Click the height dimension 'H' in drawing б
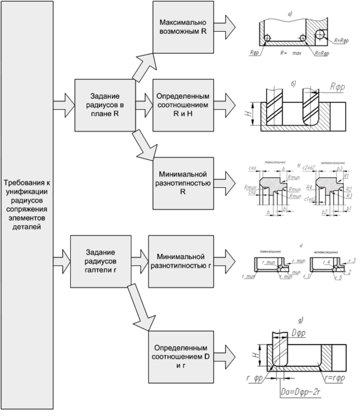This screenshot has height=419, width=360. [x=253, y=112]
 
